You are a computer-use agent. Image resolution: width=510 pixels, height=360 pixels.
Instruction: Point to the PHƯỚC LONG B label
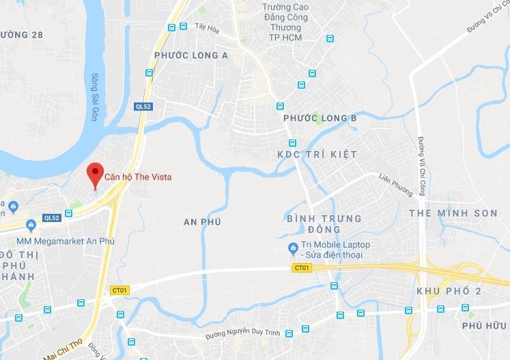point(320,119)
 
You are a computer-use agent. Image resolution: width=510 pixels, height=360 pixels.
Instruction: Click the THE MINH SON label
point(453,213)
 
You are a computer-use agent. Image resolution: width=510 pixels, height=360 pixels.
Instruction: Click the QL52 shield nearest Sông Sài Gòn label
point(142,107)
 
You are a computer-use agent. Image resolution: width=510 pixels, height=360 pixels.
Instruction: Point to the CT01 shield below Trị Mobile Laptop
point(301,267)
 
